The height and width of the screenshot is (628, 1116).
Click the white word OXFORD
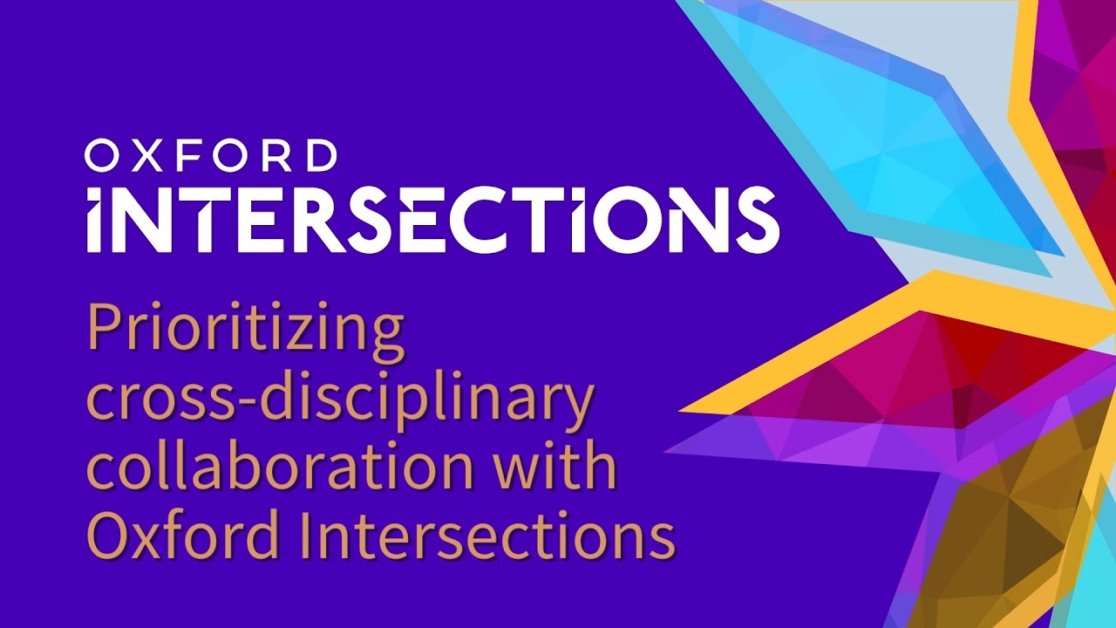(x=211, y=156)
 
